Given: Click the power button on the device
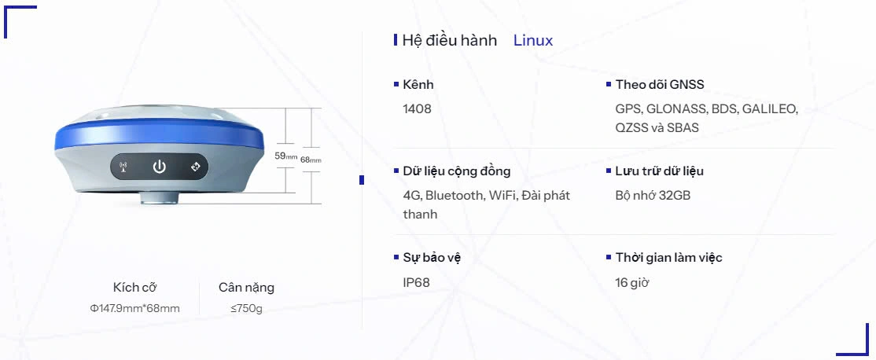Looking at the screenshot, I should pos(160,167).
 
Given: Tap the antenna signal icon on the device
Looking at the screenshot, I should pos(123,167).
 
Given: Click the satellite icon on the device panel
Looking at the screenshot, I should pos(196,167).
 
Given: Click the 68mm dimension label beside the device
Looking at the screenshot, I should pos(311,160).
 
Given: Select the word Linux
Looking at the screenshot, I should pos(533,41).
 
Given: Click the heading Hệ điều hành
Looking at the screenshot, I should pos(450,41).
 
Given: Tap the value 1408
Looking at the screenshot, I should pos(418,109).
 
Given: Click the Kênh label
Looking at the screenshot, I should pos(418,85).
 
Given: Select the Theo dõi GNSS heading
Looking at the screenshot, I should pos(660,85).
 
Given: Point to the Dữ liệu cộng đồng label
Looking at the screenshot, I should pos(457,171).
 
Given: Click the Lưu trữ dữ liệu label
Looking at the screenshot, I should pos(659,171).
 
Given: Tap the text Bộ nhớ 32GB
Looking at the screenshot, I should pos(653,196).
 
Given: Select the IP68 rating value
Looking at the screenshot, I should pos(417,282).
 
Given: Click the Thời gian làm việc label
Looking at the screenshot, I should pos(668,258).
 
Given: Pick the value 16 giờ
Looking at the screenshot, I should pos(632,282).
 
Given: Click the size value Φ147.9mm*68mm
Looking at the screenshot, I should pos(135,308).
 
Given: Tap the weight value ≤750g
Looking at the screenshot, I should pos(246,308).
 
